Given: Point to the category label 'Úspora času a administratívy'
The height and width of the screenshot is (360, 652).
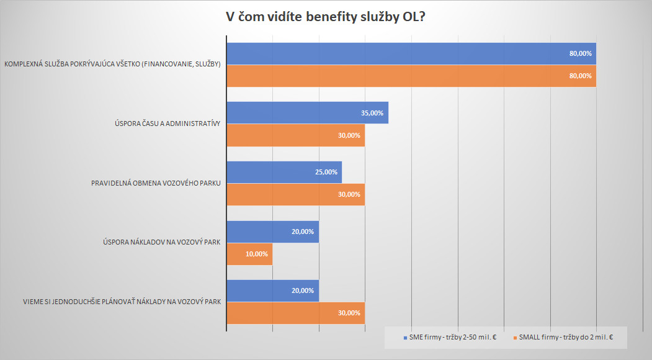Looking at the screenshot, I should (x=164, y=124).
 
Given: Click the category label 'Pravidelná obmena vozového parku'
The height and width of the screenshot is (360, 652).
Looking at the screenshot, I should (x=156, y=183).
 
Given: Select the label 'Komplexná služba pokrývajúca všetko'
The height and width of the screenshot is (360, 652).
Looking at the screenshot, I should (x=112, y=65).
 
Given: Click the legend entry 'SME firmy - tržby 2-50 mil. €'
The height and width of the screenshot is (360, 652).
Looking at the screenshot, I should (x=449, y=338).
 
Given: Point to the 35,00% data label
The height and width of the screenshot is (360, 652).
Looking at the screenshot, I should (x=372, y=113).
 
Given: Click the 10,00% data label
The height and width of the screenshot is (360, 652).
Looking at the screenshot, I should (x=257, y=254).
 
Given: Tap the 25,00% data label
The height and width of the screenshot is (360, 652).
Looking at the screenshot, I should (x=326, y=172).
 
